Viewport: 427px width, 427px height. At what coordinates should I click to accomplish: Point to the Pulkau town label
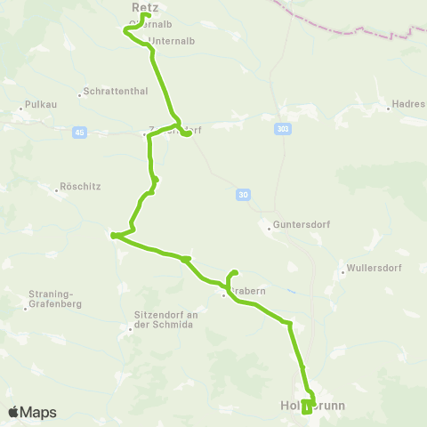[x=43, y=103]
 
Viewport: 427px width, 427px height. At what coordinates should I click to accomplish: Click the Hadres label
[x=408, y=104]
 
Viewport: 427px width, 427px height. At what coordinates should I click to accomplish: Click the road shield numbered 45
[x=80, y=133]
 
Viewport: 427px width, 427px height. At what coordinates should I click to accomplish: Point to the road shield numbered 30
[x=244, y=194]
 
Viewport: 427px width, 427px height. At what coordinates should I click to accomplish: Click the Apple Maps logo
[x=32, y=412]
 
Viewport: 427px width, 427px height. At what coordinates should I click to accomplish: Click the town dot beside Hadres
[x=388, y=110]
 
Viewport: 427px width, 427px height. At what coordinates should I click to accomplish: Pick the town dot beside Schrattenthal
[x=80, y=93]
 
